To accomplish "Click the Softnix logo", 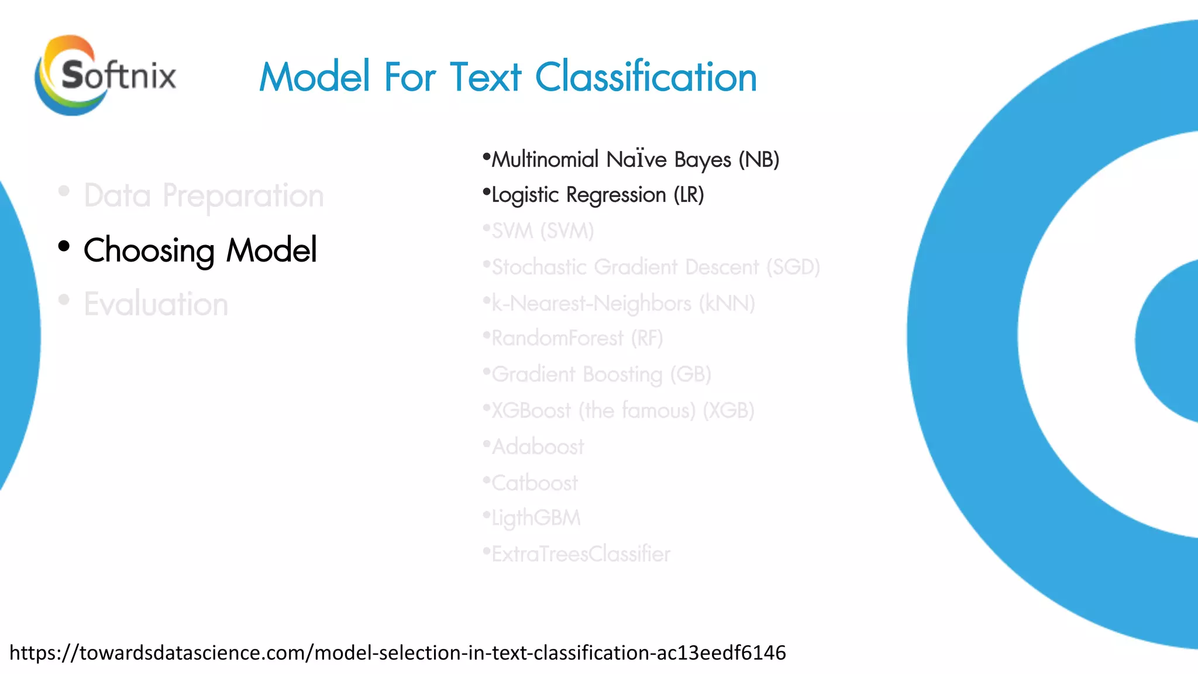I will pos(105,75).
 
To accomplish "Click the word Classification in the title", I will pos(646,77).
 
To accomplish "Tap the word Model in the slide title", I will pos(315,77).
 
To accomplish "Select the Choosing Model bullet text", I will pos(200,250).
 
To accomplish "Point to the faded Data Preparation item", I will pos(204,195).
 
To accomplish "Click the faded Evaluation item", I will pos(156,304).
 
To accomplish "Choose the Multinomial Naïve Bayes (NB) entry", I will pos(635,159).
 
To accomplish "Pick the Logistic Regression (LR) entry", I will pos(597,195).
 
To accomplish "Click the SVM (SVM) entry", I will pos(542,231).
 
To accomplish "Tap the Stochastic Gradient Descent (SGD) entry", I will pos(655,267).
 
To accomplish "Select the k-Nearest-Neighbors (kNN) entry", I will pos(623,304).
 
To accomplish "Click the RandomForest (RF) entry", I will pos(577,338).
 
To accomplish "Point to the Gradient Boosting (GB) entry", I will pos(601,374).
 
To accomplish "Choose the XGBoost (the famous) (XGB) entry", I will pos(622,411).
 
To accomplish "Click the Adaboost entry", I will pos(538,447).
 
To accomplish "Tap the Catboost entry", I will pos(534,483).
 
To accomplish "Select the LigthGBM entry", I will pos(536,518).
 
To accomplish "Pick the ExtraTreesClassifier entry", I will pos(580,554).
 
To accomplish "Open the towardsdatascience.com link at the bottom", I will pos(398,652).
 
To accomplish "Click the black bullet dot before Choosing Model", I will pos(64,246).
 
